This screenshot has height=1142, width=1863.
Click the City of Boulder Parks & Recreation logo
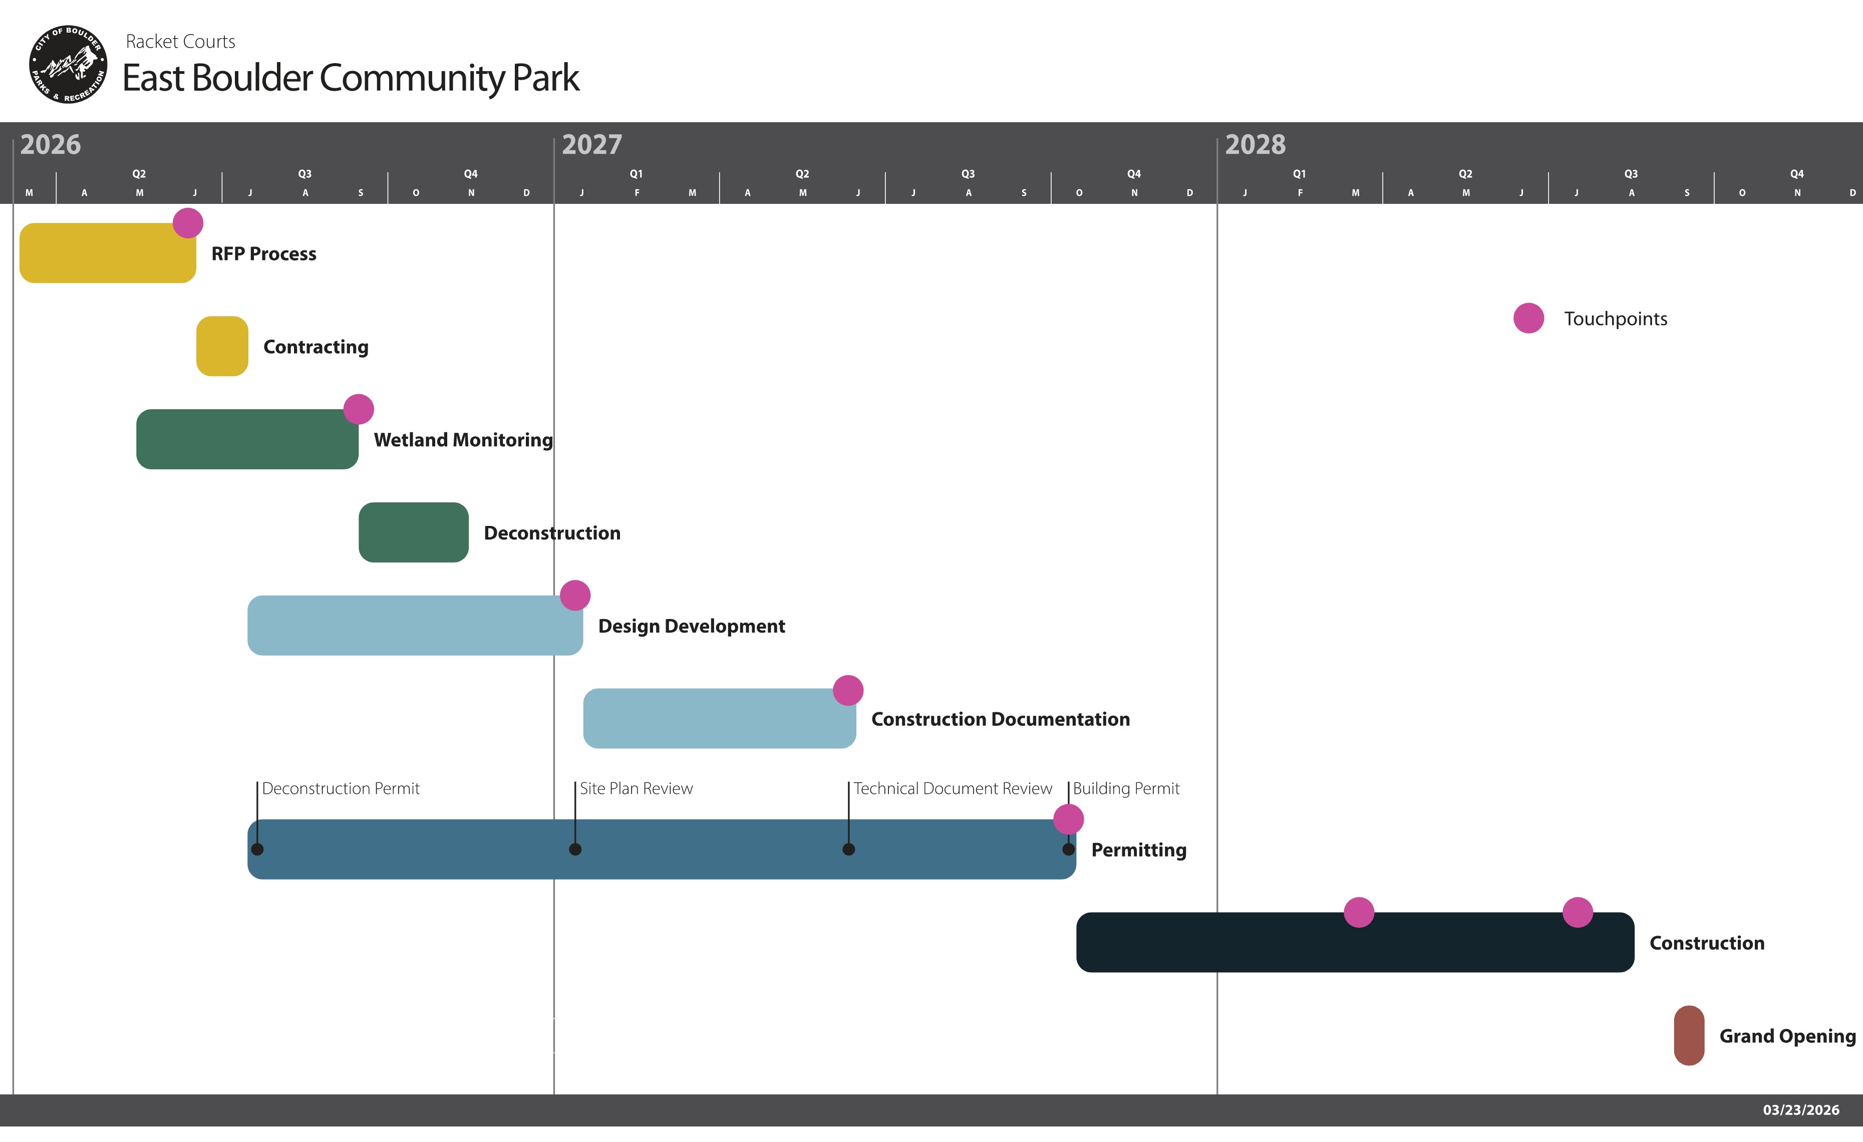[68, 64]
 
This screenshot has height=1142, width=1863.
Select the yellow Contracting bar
[222, 347]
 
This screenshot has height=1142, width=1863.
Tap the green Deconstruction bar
[414, 532]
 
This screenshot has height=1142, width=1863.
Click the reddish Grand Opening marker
[1689, 1035]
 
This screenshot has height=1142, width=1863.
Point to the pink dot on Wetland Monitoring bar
[359, 409]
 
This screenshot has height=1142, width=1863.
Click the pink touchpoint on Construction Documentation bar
[848, 691]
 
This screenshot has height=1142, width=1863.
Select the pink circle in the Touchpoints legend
[1529, 319]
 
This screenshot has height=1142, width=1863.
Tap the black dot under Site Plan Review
[575, 849]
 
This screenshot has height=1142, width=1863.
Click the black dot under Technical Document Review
[849, 849]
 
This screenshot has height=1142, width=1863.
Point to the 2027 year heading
[592, 144]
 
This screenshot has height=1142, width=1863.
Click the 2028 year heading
[1255, 144]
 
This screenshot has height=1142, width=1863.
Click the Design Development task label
[692, 626]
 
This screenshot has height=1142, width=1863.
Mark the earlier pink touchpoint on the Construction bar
[1360, 913]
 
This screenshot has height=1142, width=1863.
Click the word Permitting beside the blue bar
[1139, 850]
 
